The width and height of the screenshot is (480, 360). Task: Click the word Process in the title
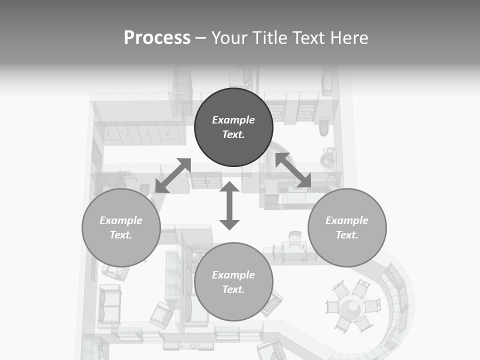click(x=157, y=38)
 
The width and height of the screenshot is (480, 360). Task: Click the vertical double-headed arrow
click(x=229, y=205)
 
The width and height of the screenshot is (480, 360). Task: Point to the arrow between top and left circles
click(x=173, y=175)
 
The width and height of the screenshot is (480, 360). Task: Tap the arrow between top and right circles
click(x=293, y=170)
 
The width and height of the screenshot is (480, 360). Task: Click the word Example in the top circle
click(x=233, y=120)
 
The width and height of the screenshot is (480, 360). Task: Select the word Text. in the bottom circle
click(x=233, y=289)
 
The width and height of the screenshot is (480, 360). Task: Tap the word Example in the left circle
click(x=121, y=220)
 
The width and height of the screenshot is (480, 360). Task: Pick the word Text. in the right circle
click(x=347, y=235)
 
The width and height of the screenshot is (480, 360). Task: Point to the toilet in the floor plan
click(x=324, y=126)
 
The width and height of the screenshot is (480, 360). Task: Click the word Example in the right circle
click(x=347, y=220)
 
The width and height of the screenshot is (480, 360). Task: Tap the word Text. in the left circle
click(x=121, y=235)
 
